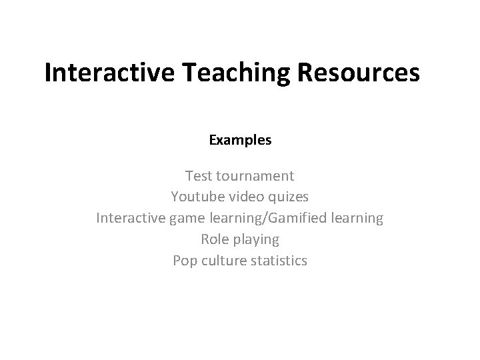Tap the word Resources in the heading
point(360,73)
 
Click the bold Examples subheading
point(240,141)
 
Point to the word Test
point(199,177)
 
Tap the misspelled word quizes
point(288,198)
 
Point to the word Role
point(213,239)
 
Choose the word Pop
point(184,260)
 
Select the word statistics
point(281,260)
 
